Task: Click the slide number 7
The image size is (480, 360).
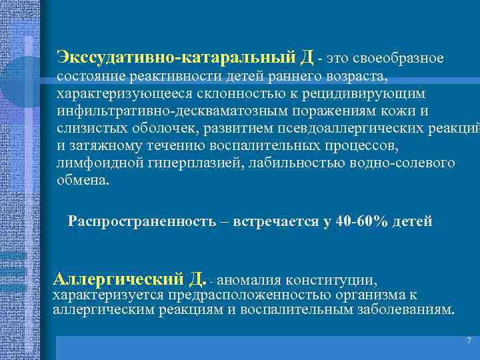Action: (469, 341)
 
